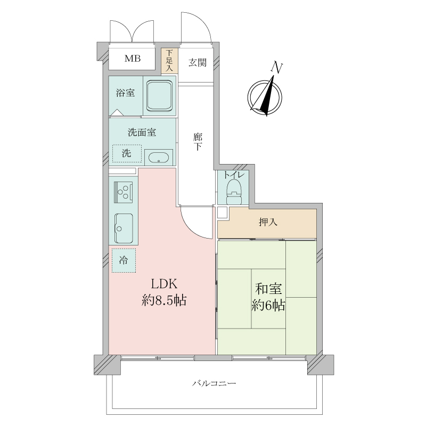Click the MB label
coord(133,59)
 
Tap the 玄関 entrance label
coord(198,62)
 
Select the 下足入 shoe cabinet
coord(169,61)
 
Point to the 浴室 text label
coord(126,93)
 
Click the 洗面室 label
coord(142,133)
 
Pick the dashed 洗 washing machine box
coord(127,154)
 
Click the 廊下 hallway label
coord(197,142)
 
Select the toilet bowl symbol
coord(233,191)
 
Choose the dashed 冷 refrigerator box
coord(124,261)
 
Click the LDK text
coord(162,284)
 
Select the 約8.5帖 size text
coord(163,300)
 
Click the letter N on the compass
coord(276,67)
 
